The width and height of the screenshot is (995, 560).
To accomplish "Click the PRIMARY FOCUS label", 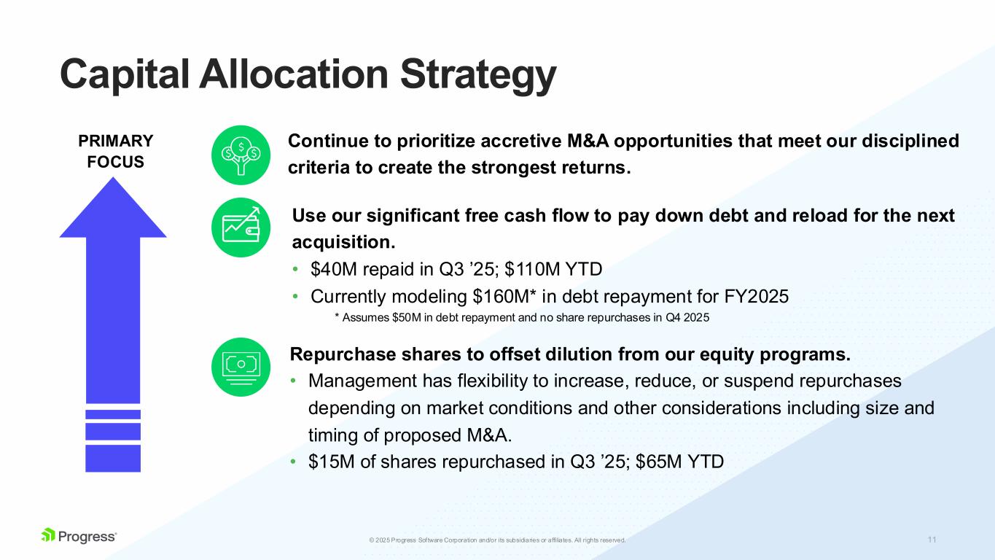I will pos(116,151).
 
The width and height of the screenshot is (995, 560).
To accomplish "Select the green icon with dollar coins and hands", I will pos(241,155).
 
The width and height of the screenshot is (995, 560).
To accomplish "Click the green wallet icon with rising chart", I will pos(241,227).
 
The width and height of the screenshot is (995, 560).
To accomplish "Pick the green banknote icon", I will pos(241,367).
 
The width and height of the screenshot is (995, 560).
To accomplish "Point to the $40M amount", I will pos(332,270).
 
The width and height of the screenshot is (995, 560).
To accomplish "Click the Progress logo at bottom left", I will pos(79,536).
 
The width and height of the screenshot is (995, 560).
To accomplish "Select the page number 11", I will pos(932,540).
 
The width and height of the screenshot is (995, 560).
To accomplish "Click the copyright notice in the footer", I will pos(497,540).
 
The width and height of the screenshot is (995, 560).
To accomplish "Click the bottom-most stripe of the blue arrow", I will pos(113,458).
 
